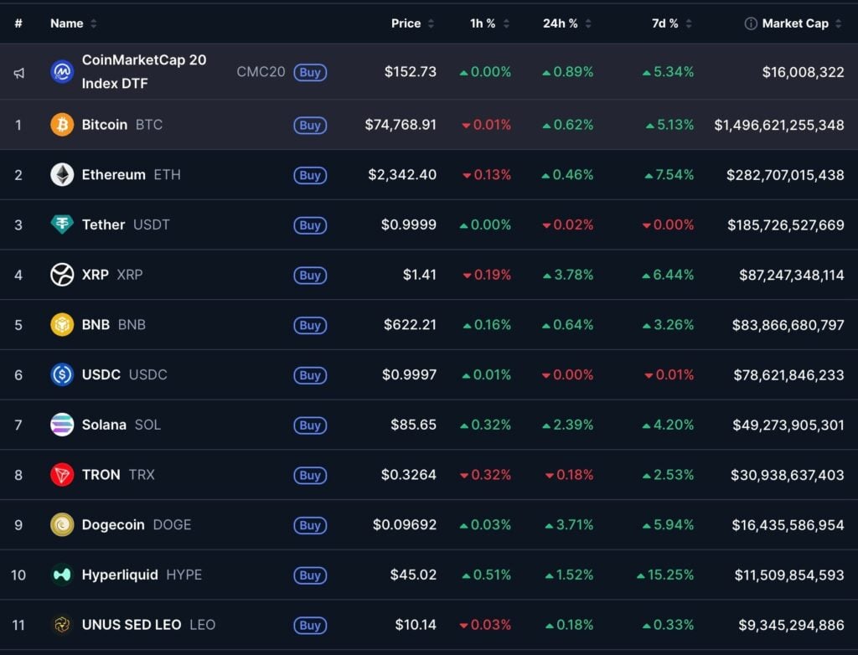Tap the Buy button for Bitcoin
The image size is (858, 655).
click(x=310, y=126)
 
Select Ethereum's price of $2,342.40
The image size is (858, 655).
click(x=402, y=175)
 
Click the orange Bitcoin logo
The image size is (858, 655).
click(x=62, y=125)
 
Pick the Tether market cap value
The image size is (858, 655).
click(x=785, y=224)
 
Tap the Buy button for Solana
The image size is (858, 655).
click(x=310, y=425)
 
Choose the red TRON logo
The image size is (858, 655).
click(x=62, y=475)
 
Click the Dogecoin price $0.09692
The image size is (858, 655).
click(x=405, y=525)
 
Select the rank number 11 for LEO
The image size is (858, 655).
click(x=18, y=625)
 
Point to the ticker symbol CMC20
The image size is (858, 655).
click(x=261, y=72)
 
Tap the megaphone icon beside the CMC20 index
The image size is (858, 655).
click(x=18, y=73)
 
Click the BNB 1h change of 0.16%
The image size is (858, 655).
click(x=486, y=325)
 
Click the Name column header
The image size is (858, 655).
click(x=67, y=23)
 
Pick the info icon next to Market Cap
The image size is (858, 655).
click(x=751, y=23)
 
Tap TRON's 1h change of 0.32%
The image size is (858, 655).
click(x=486, y=475)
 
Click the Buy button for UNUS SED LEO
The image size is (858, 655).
click(x=310, y=626)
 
